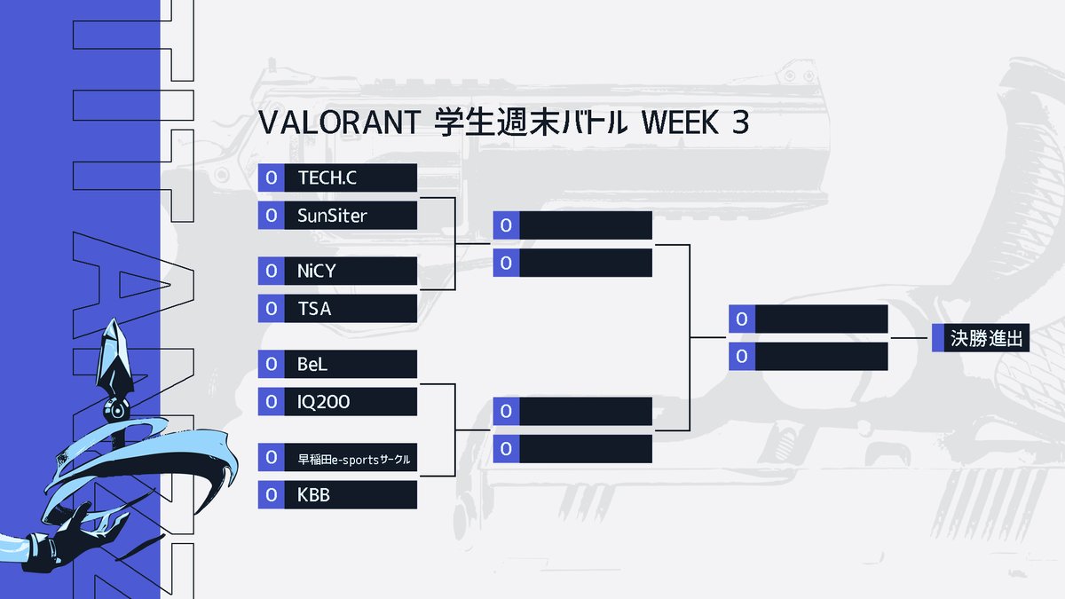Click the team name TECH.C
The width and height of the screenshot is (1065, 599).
(327, 177)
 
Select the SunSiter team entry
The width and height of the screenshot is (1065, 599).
(332, 216)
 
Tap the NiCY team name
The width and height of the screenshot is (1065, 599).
(317, 271)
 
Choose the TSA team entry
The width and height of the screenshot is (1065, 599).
(314, 309)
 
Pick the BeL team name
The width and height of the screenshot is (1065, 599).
(313, 364)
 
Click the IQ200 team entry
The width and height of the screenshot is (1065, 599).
(324, 402)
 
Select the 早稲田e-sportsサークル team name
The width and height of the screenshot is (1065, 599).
(353, 460)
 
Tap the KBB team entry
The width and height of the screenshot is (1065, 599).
(313, 495)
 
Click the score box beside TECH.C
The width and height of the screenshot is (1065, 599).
(271, 177)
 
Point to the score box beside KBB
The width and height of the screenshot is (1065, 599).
(271, 495)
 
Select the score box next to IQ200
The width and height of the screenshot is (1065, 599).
(271, 402)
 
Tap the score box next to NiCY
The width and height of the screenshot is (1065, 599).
(271, 271)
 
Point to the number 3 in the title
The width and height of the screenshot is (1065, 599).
(739, 124)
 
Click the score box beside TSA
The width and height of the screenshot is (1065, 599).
(271, 309)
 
